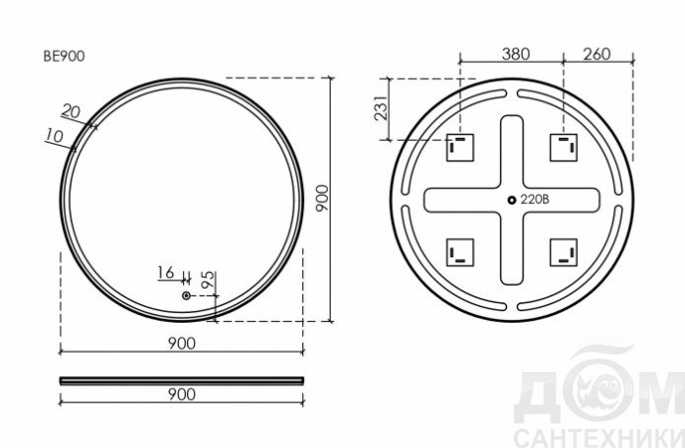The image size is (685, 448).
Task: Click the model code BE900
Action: (x=64, y=56)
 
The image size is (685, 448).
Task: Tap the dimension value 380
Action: (x=516, y=54)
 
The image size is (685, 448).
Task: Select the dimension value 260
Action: (x=596, y=54)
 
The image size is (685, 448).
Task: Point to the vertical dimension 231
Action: (x=381, y=108)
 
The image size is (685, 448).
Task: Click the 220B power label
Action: (x=534, y=200)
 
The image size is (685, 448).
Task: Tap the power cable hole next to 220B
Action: (x=512, y=200)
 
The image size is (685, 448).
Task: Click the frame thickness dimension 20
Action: (x=71, y=111)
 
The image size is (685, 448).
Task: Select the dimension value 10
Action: (x=54, y=136)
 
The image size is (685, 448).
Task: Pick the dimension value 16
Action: (x=165, y=273)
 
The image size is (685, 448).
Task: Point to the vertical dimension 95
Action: (x=209, y=280)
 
